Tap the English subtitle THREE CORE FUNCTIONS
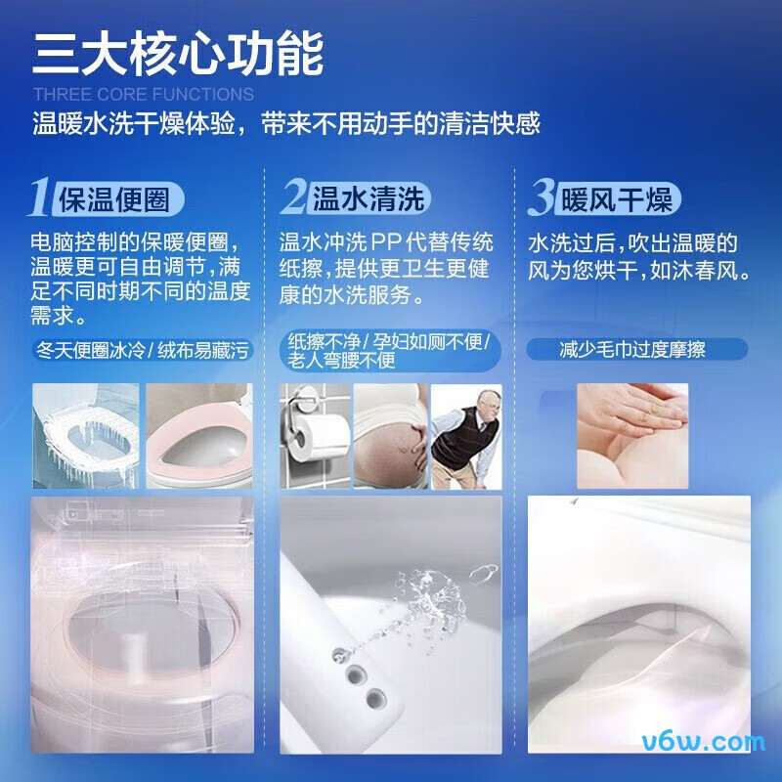(x=143, y=95)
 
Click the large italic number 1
(x=40, y=197)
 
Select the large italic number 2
(x=293, y=197)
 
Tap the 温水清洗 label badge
(x=369, y=199)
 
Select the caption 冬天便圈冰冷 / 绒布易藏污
(x=143, y=349)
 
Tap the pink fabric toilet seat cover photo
(x=198, y=435)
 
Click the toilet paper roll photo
(x=314, y=435)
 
